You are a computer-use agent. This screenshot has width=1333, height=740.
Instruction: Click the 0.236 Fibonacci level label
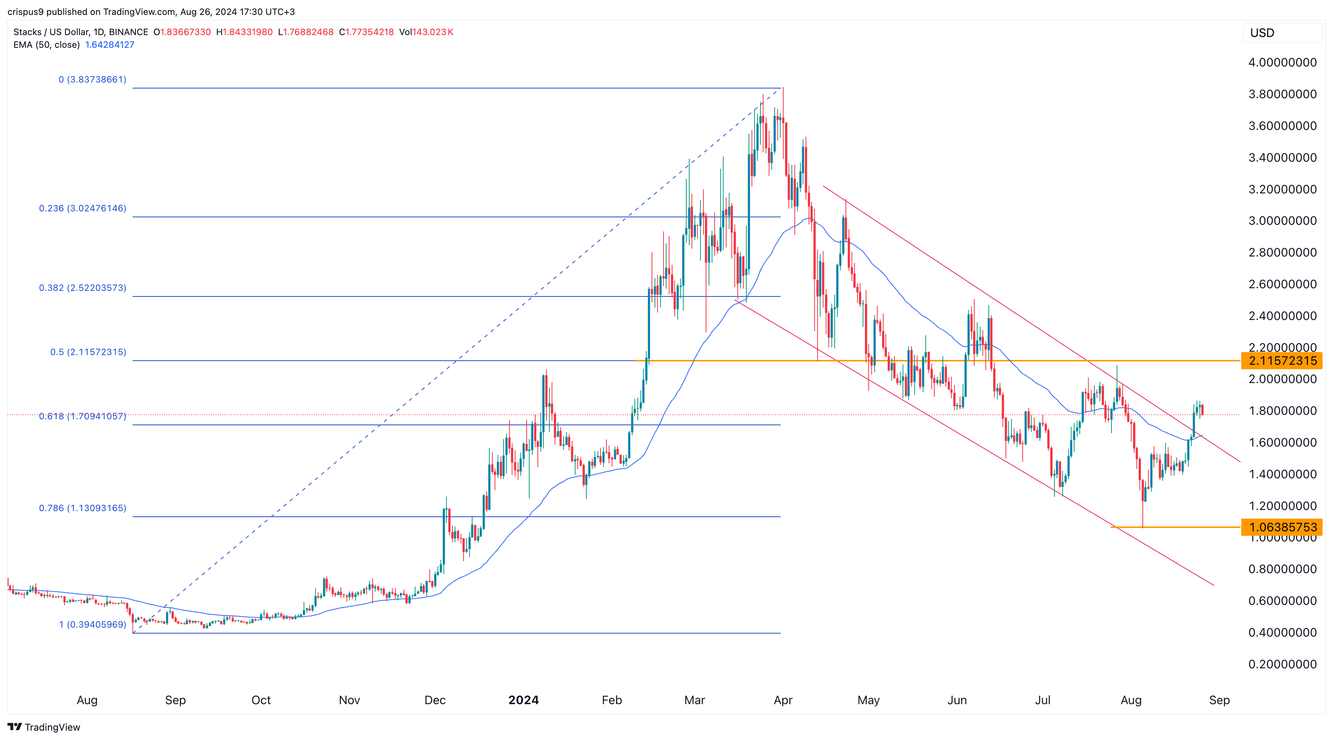pyautogui.click(x=82, y=208)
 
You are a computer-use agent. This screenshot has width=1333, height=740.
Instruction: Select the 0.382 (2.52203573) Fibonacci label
pyautogui.click(x=82, y=288)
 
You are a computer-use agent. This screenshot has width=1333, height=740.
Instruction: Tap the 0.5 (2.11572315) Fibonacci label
pyautogui.click(x=88, y=352)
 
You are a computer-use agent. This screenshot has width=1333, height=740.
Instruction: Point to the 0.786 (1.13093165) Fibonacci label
pyautogui.click(x=82, y=508)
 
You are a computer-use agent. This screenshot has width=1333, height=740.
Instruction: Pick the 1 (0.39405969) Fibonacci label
pyautogui.click(x=92, y=625)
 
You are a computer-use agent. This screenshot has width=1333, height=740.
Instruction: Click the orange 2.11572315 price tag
pyautogui.click(x=1282, y=361)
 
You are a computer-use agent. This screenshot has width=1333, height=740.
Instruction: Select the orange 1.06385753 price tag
pyautogui.click(x=1282, y=527)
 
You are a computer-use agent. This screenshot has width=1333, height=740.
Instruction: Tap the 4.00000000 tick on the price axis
pyautogui.click(x=1282, y=63)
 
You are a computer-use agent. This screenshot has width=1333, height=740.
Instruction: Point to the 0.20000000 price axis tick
pyautogui.click(x=1282, y=665)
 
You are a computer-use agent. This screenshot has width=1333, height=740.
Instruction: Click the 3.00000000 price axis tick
pyautogui.click(x=1282, y=221)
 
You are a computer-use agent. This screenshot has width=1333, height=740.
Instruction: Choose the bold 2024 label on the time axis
pyautogui.click(x=523, y=700)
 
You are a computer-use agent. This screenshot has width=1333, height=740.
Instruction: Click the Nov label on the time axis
pyautogui.click(x=349, y=700)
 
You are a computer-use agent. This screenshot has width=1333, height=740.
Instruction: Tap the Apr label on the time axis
pyautogui.click(x=783, y=700)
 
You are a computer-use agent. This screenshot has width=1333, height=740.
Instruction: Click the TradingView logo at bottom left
pyautogui.click(x=44, y=727)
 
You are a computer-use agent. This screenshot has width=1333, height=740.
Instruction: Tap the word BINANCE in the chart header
pyautogui.click(x=128, y=32)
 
